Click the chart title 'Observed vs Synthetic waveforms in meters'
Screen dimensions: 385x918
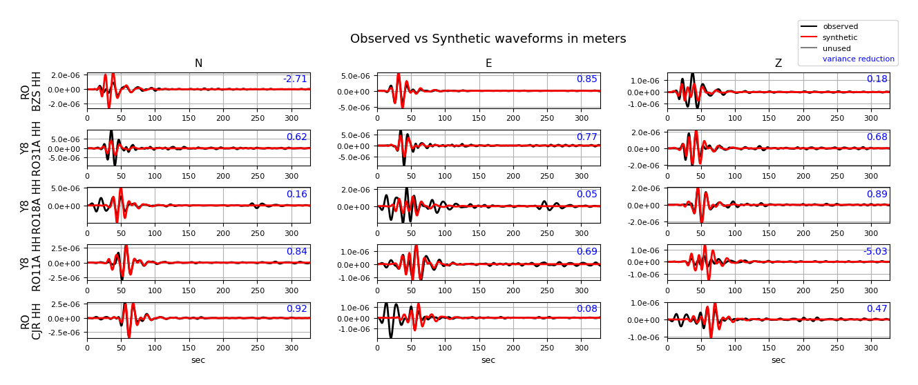(488, 39)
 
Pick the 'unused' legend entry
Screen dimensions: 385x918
(836, 49)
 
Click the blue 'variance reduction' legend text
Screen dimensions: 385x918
(858, 59)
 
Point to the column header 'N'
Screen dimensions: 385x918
(198, 64)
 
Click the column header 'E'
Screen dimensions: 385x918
(488, 64)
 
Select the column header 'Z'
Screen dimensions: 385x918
(778, 64)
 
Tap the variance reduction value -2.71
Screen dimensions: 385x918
(295, 79)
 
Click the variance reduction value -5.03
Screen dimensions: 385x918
(875, 252)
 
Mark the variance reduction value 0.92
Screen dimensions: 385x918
(296, 309)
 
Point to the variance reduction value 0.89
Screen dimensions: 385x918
(877, 195)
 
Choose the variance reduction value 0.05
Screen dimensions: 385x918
(586, 195)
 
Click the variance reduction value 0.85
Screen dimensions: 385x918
(586, 79)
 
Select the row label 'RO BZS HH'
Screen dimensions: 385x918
(31, 90)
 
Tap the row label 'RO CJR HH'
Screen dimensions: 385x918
(31, 320)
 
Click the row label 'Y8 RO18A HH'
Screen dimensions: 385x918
(31, 206)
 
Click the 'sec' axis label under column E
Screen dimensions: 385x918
(488, 360)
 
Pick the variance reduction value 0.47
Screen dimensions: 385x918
(877, 309)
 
